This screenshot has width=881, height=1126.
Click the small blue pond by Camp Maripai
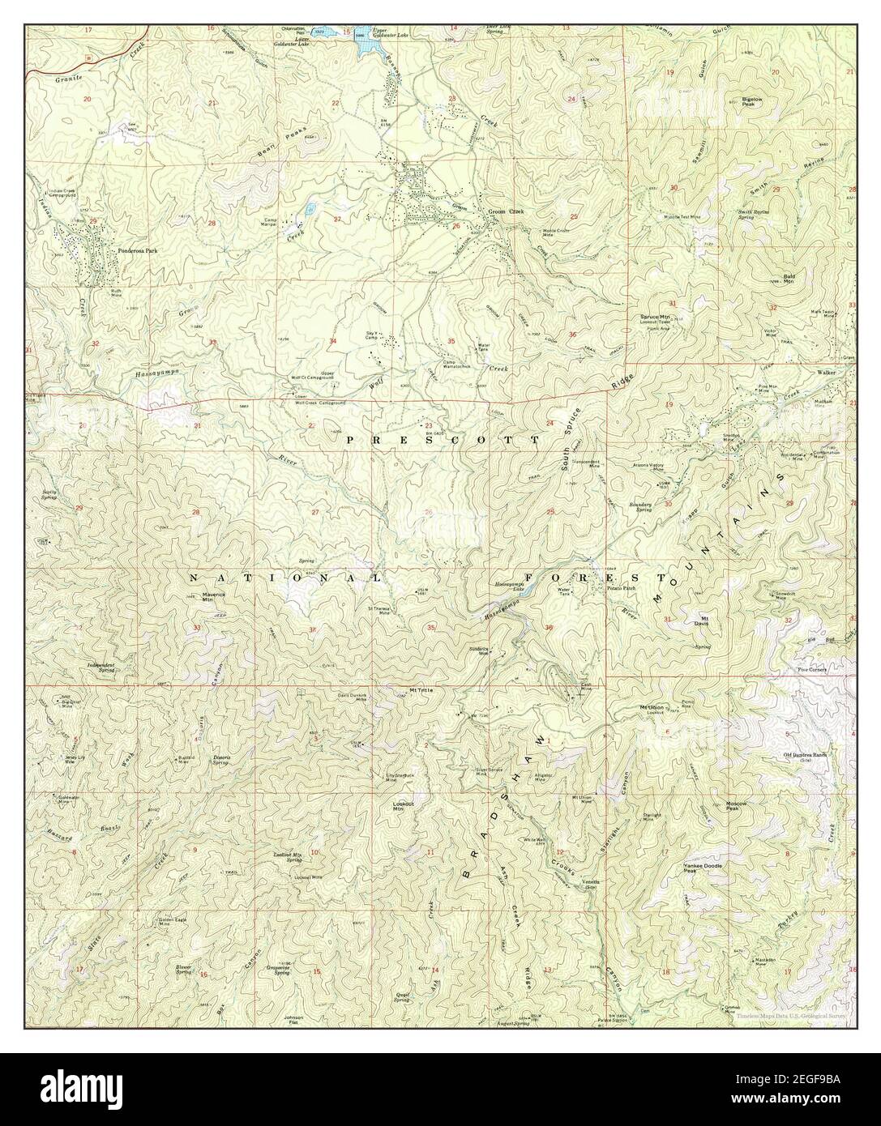310,209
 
